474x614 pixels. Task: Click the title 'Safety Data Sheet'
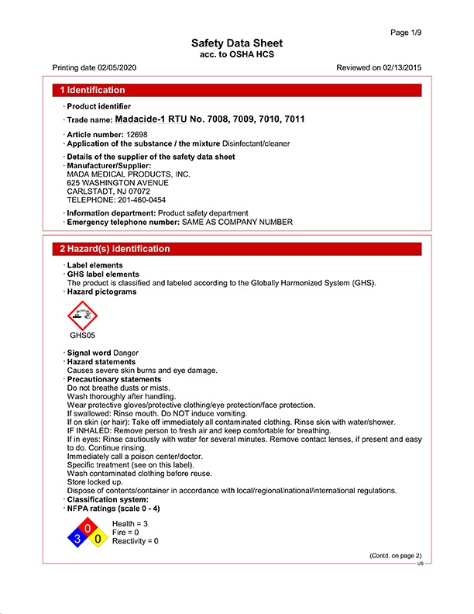point(237,43)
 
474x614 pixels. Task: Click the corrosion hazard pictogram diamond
point(84,315)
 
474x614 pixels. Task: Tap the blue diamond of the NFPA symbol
point(76,537)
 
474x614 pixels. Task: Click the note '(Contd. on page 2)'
point(395,556)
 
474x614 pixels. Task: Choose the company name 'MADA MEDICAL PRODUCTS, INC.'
point(129,174)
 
